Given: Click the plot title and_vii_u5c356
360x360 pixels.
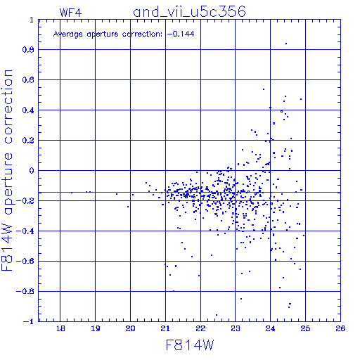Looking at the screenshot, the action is tap(189, 12).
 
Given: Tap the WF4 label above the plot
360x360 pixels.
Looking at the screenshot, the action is tap(70, 13).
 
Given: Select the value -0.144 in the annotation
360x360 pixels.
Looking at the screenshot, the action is tap(181, 34).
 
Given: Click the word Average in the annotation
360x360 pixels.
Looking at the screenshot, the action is tap(68, 34).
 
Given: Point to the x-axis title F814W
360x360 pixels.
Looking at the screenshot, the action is tap(190, 345).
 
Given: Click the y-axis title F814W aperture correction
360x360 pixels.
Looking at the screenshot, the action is tap(7, 170).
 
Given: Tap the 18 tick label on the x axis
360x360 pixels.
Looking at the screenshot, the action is tap(60, 328).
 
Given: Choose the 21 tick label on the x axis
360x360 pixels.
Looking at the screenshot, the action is tap(165, 328).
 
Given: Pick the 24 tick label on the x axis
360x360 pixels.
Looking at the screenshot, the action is tap(270, 328).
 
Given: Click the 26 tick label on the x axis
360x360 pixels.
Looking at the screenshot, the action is tap(340, 328).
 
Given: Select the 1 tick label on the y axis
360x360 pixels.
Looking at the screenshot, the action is tap(32, 20).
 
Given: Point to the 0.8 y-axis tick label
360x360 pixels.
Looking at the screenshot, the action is tap(28, 50).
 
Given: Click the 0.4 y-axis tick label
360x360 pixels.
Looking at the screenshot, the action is tap(28, 110).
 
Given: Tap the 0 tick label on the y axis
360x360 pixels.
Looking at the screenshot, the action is tap(32, 171).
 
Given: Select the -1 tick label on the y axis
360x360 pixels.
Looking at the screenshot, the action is tap(29, 321).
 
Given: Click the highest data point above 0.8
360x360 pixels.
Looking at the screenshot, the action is tap(286, 44).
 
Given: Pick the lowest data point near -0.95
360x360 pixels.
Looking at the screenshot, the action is tap(217, 315).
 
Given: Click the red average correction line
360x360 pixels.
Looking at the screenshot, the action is tap(189, 193).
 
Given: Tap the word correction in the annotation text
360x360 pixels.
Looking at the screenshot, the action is tap(142, 34).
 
